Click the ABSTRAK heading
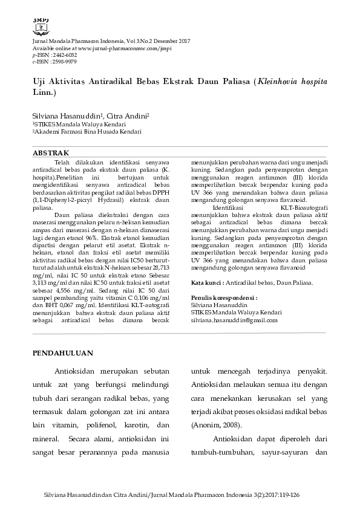[x=51, y=153]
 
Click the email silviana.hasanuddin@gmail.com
[x=234, y=320]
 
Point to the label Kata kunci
[x=206, y=282]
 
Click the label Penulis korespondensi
[x=224, y=298]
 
